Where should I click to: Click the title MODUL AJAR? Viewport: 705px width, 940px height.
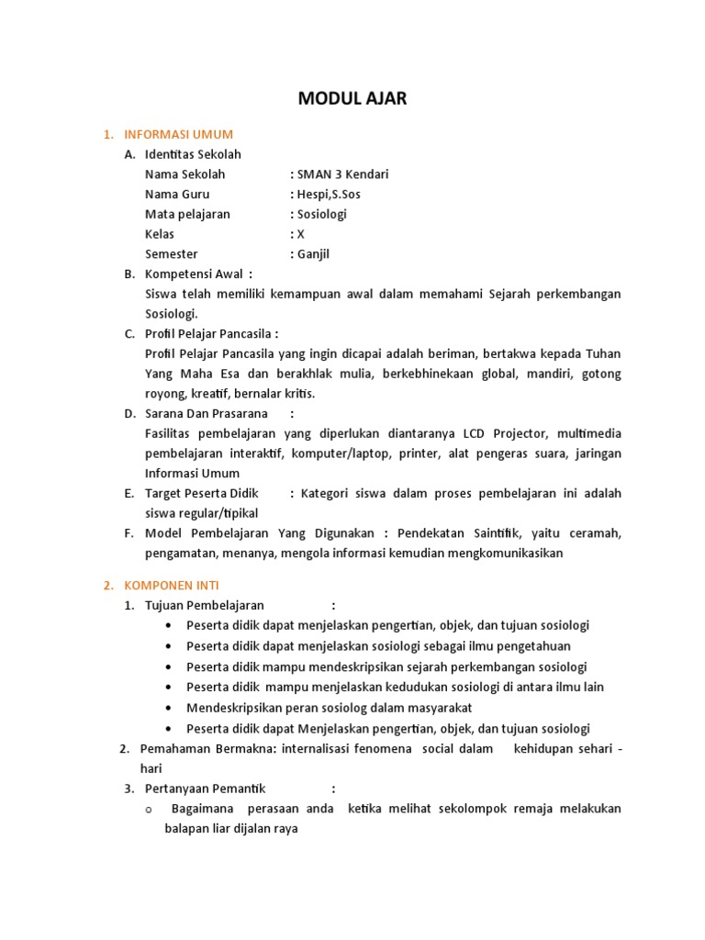click(352, 99)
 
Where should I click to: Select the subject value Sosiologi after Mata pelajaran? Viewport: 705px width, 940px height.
click(321, 214)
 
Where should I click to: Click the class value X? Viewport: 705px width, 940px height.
click(300, 234)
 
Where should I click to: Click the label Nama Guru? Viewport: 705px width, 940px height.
click(177, 195)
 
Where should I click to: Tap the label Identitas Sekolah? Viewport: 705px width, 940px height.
click(193, 154)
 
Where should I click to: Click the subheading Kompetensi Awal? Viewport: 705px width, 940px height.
click(195, 274)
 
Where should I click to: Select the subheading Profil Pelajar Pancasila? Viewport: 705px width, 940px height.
click(209, 333)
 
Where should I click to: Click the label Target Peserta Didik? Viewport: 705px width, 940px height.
click(202, 493)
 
